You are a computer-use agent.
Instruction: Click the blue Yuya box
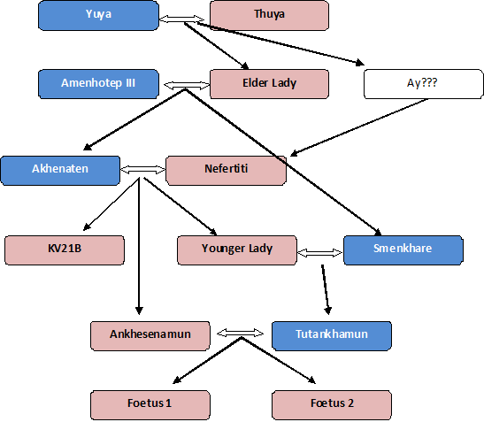click(x=98, y=15)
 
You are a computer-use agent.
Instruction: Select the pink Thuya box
click(x=269, y=15)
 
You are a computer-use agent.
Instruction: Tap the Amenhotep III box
click(x=98, y=84)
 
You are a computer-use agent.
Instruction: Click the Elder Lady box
click(x=269, y=84)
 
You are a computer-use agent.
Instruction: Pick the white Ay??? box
click(x=424, y=84)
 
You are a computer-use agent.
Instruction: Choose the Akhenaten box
click(x=60, y=170)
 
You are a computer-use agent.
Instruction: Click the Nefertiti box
click(x=226, y=170)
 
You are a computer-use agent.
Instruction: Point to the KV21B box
click(x=64, y=249)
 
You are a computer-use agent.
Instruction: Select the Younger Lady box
click(x=236, y=249)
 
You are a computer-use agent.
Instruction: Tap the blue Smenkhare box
click(x=403, y=249)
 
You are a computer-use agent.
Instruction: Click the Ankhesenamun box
click(x=150, y=335)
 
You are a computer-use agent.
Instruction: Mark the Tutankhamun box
click(x=331, y=335)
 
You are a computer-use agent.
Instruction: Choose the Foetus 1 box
click(x=150, y=404)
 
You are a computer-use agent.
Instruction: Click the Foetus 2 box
click(x=331, y=404)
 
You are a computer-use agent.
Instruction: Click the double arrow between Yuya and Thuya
click(x=184, y=15)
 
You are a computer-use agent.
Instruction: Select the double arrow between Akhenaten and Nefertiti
click(x=142, y=168)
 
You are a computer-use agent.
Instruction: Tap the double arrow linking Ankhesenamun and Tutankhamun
click(x=242, y=334)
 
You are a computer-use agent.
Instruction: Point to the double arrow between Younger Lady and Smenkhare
click(x=319, y=252)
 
